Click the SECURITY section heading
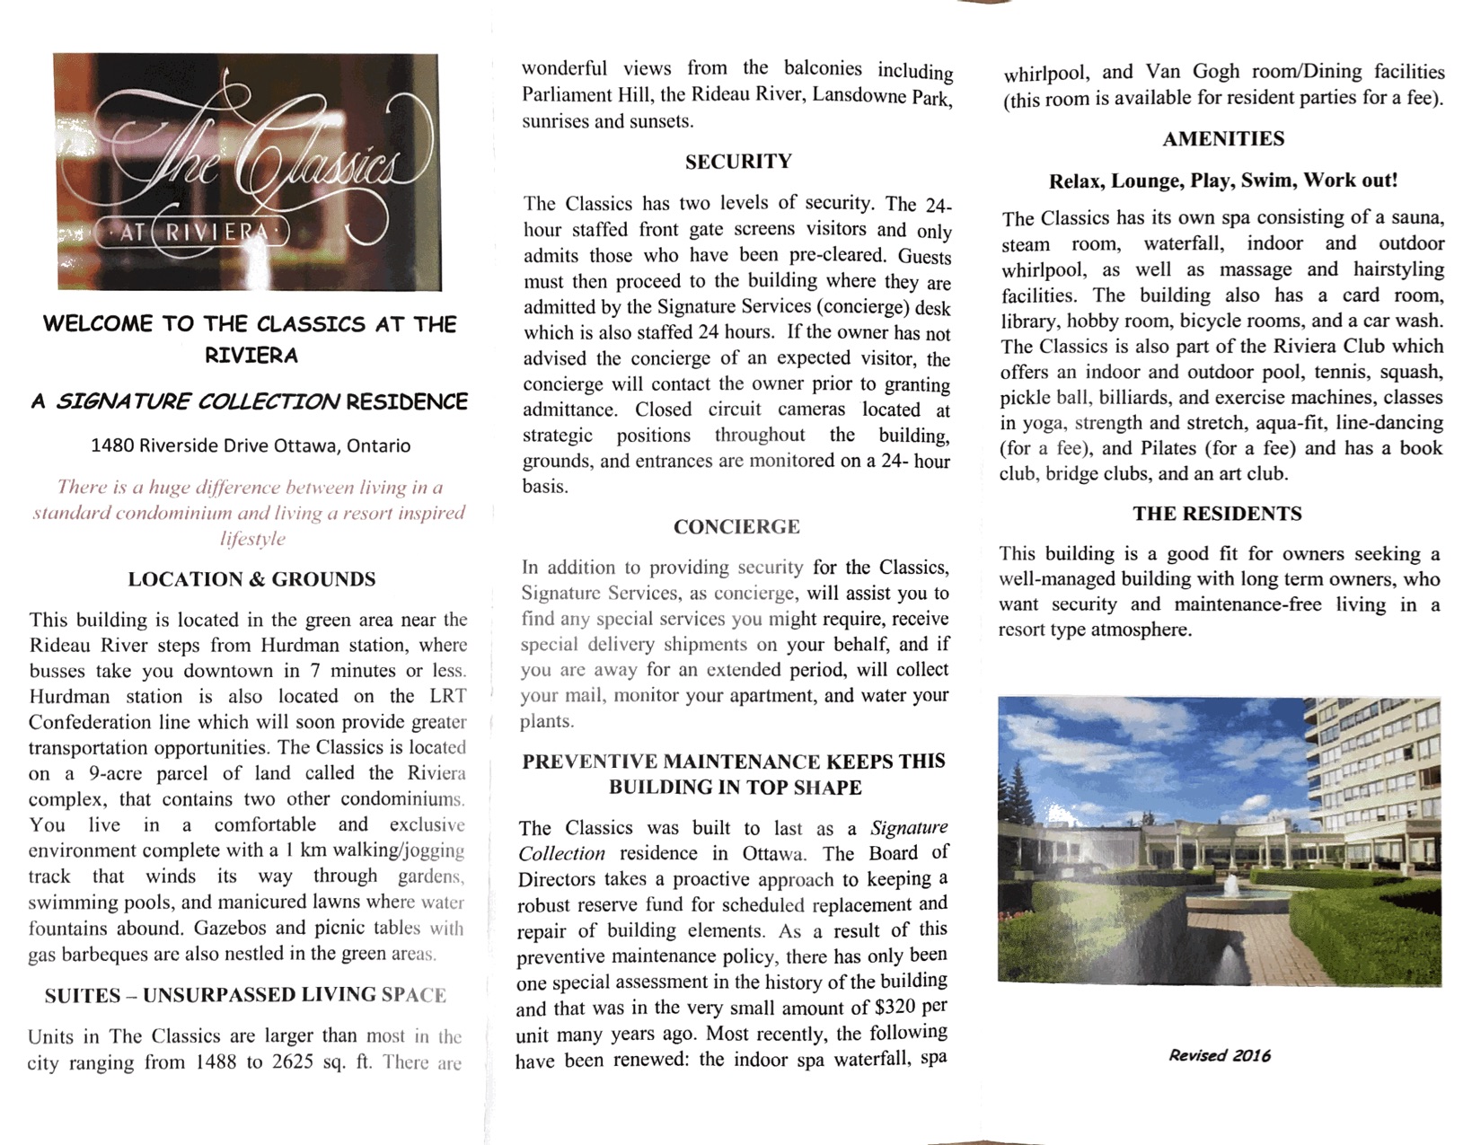coord(738,162)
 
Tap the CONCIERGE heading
coord(736,526)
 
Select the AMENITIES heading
coord(1223,138)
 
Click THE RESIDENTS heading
coord(1217,514)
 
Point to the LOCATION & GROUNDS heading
coord(251,579)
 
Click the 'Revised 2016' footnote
coord(1220,1055)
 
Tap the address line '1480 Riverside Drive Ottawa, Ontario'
coord(251,445)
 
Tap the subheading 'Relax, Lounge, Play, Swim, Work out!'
coord(1223,181)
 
